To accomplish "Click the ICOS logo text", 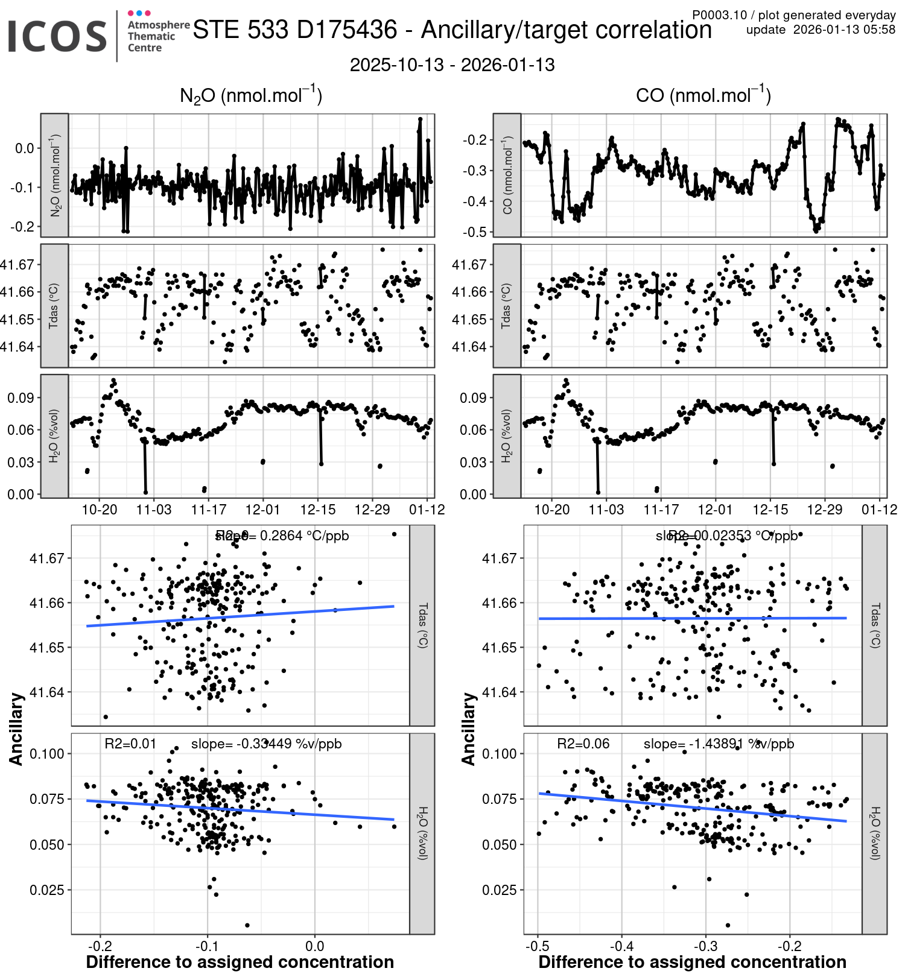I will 57,36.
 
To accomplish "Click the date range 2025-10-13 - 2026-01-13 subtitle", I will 452,65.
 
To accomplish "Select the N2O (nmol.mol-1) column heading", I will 251,95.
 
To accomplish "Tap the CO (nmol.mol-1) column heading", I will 703,95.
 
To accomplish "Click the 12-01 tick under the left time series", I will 263,510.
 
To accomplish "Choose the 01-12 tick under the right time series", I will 879,510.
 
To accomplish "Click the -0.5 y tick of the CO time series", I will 475,232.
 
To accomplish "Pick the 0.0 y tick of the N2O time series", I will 25,148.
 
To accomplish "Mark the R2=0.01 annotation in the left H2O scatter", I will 130,744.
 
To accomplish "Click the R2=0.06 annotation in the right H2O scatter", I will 583,744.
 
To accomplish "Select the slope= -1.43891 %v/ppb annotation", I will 719,744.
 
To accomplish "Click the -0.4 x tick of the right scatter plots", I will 622,946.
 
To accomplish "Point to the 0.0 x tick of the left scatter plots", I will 314,946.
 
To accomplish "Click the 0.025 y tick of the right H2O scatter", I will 499,890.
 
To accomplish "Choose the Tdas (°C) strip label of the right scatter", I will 875,625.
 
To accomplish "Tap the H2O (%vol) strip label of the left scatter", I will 422,833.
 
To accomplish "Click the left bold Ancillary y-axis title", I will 16,729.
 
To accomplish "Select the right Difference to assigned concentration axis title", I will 692,963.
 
